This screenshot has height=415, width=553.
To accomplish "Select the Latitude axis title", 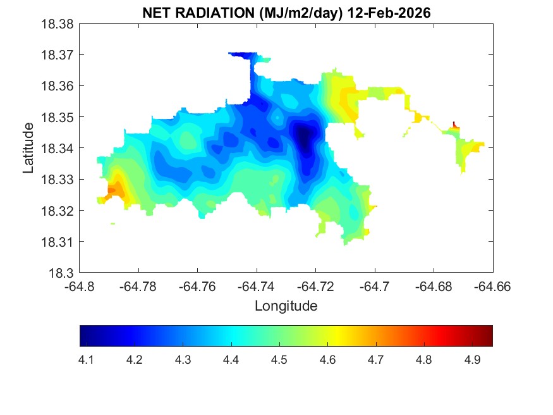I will click(x=28, y=148).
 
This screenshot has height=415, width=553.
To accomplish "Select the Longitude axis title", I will click(x=286, y=306).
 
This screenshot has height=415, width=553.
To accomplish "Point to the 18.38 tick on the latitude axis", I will click(x=59, y=23).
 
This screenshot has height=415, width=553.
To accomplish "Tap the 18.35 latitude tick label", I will click(x=59, y=117).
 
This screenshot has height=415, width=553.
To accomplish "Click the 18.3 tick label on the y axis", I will click(x=63, y=273).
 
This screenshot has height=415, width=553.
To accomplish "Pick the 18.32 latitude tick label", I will click(x=59, y=211).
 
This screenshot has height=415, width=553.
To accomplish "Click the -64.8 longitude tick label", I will click(x=80, y=286).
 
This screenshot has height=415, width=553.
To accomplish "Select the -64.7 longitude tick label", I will click(x=375, y=286).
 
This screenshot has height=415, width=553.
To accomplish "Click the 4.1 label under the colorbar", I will click(x=86, y=360).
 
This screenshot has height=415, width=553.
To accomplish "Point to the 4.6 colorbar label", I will click(x=327, y=360).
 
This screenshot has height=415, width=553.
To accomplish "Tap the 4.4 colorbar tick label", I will click(x=231, y=360).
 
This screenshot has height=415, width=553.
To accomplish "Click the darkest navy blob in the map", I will click(x=305, y=137).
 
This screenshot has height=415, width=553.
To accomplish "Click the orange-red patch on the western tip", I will click(x=112, y=189).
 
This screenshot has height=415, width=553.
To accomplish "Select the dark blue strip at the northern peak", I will click(x=241, y=55).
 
